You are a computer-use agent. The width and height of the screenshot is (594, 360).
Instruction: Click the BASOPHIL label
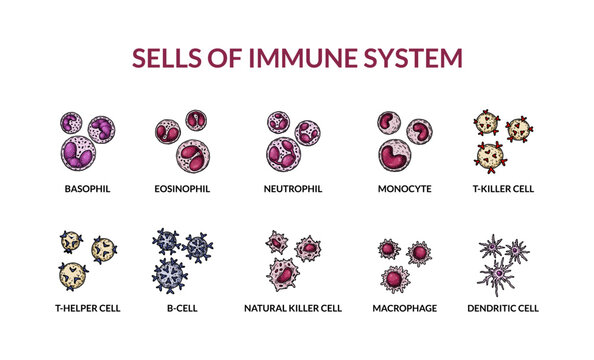point(85,188)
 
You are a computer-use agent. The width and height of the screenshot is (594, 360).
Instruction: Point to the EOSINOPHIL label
point(182,188)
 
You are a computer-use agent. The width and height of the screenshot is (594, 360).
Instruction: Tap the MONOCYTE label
point(404,188)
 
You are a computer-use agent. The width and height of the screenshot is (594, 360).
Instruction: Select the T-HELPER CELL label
point(85,308)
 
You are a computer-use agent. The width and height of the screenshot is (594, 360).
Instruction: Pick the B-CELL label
point(182,308)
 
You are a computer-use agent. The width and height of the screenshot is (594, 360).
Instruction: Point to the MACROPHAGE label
point(404,308)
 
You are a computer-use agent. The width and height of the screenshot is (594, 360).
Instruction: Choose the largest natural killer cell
point(284,272)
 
